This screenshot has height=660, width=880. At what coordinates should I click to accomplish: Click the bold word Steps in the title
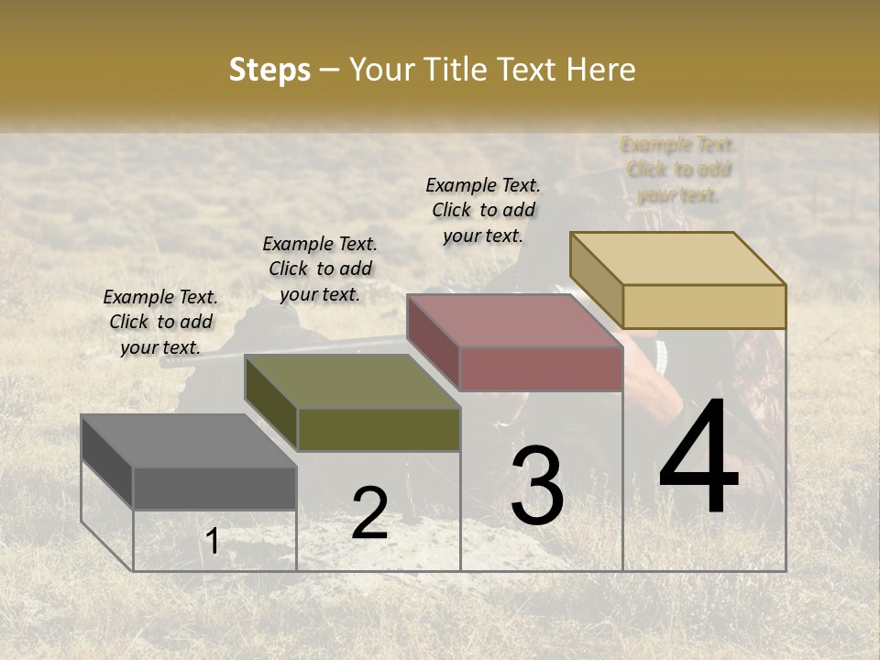[269, 70]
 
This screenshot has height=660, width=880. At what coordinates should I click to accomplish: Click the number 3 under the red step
[537, 486]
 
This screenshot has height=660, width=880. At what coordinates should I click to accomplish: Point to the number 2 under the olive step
[369, 513]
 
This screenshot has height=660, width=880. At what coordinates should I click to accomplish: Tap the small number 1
[213, 541]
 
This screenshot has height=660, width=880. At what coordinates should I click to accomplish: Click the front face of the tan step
[704, 306]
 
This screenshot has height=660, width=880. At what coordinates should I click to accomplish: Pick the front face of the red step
[541, 368]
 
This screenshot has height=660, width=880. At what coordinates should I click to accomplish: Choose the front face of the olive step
[378, 429]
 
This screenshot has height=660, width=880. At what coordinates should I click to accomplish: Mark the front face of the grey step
[214, 488]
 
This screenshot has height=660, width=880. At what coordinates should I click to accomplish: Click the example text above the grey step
[160, 322]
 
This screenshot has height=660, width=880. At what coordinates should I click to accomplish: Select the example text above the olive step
[320, 269]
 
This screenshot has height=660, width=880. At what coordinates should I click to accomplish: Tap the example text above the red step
[483, 210]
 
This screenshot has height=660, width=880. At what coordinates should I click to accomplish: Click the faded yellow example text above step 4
[678, 170]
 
